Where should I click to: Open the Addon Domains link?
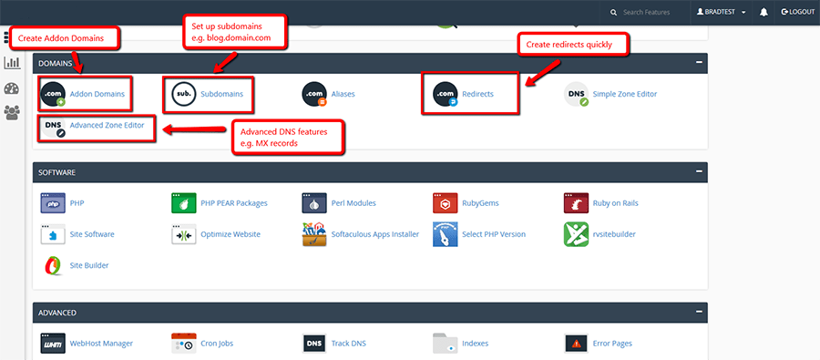click(97, 94)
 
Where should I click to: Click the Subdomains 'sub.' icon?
click(183, 94)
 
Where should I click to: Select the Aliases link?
click(343, 94)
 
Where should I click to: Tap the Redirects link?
click(477, 94)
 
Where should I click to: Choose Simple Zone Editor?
click(624, 94)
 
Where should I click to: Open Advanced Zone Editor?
click(107, 126)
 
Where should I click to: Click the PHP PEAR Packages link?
click(234, 203)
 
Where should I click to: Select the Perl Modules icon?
click(314, 203)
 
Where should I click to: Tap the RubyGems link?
click(480, 203)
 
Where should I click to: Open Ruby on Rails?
click(615, 203)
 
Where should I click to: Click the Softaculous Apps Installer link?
click(375, 234)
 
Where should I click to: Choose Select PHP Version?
click(494, 234)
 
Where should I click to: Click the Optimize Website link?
click(231, 234)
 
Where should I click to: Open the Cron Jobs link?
click(217, 344)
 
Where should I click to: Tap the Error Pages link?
click(612, 344)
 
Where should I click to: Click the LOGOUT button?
click(797, 12)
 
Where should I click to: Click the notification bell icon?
click(764, 12)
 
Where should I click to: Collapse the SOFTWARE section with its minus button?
click(699, 171)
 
